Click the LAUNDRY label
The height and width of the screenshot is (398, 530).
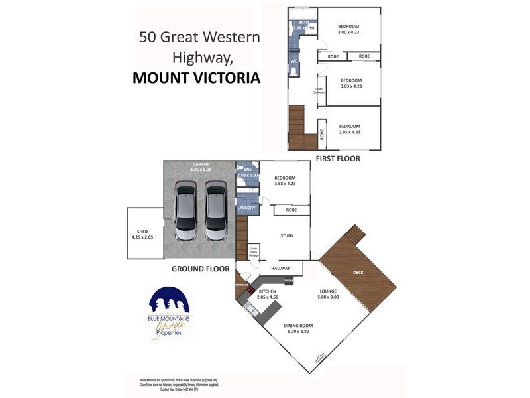click(x=246, y=208)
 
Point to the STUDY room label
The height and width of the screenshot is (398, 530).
click(x=286, y=235)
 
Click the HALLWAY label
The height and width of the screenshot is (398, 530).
click(x=281, y=268)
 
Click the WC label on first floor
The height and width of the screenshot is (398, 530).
click(x=293, y=62)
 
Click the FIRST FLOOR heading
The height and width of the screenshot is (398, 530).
click(x=339, y=158)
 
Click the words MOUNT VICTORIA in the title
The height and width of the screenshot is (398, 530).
click(x=196, y=78)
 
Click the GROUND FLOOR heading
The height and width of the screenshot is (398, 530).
click(x=200, y=269)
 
